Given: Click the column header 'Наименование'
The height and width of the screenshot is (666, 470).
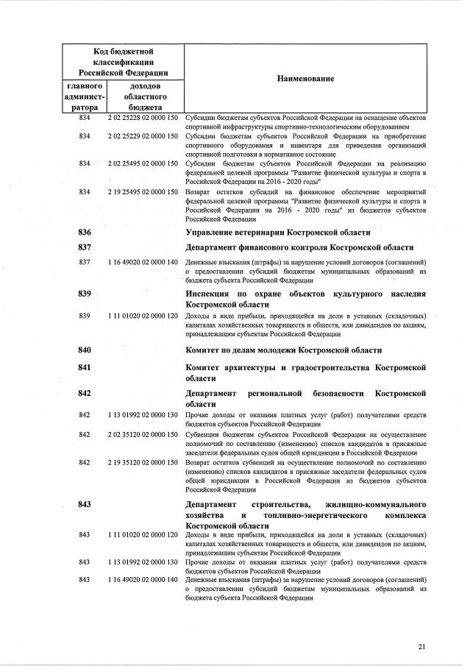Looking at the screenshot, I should [305, 78].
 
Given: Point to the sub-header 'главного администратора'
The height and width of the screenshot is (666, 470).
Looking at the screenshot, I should [84, 96].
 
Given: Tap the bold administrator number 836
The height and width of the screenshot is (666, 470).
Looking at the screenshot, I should [84, 232].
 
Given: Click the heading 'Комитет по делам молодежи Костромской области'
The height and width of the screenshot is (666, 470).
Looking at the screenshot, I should [284, 350].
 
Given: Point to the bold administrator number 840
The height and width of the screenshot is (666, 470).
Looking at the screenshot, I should [84, 350].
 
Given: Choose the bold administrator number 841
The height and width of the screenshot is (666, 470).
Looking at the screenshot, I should [84, 366].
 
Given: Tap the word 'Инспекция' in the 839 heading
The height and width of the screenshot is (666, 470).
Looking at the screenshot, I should [209, 294].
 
